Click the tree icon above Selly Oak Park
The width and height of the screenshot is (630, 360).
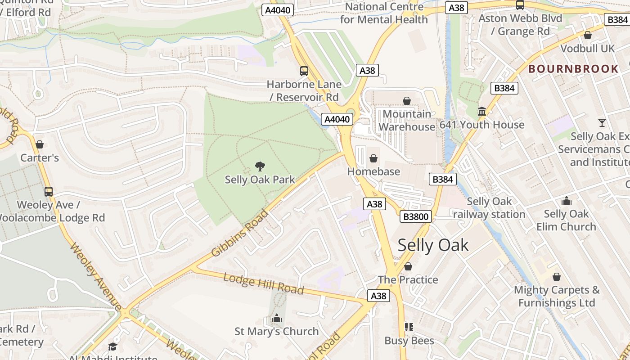[260, 166]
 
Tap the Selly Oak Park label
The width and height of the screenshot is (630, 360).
[260, 180]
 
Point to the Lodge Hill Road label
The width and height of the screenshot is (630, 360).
[263, 283]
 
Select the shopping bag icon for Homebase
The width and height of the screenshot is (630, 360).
[373, 158]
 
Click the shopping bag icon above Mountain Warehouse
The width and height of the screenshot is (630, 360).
[407, 101]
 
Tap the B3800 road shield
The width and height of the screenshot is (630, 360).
[416, 217]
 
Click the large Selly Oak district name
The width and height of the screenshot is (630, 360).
[433, 245]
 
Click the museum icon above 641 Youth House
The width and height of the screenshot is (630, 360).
[481, 111]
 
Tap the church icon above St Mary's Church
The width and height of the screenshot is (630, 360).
[276, 319]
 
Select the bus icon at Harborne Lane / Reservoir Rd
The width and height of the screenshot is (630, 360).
[304, 71]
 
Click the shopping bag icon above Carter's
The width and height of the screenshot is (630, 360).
[40, 144]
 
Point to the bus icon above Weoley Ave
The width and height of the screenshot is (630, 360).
[48, 192]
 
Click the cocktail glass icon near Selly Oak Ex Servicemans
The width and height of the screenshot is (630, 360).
[602, 123]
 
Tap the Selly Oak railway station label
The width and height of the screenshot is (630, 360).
[489, 208]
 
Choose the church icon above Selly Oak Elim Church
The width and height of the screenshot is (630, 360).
[566, 201]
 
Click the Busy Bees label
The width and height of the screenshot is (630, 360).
[409, 341]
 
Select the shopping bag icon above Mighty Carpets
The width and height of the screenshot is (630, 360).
[557, 277]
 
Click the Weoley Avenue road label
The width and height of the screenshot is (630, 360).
[96, 277]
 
